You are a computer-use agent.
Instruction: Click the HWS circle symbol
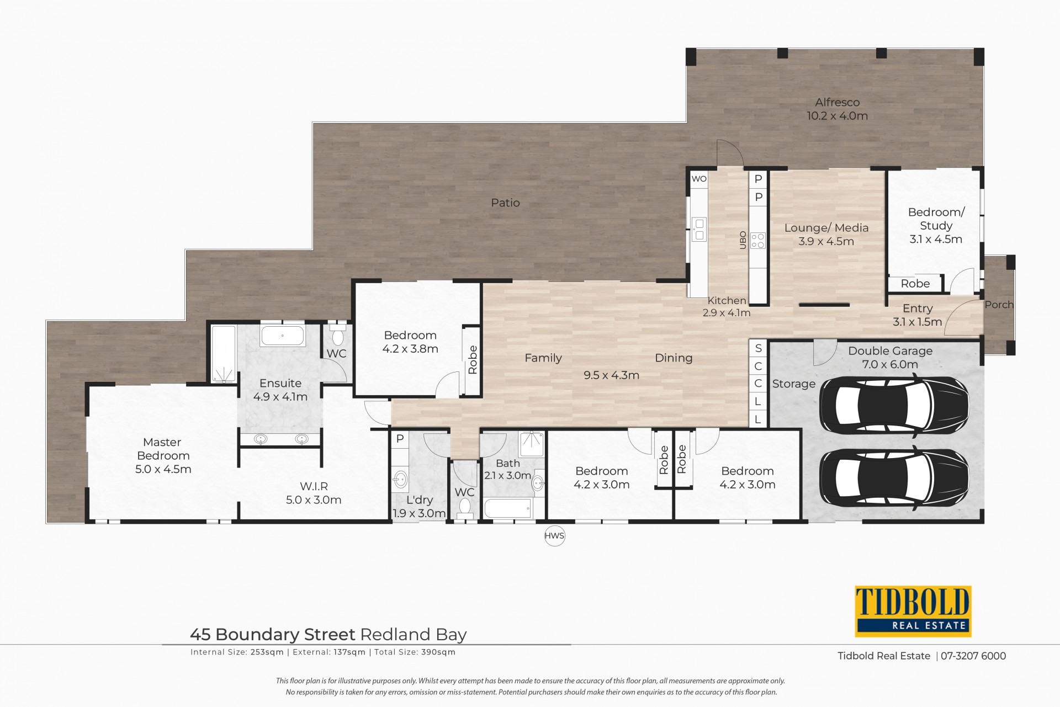[554, 535]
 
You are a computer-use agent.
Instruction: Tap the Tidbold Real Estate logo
[913, 611]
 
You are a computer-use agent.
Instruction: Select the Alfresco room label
[838, 102]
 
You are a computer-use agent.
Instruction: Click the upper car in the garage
[894, 405]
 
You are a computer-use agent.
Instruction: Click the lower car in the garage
[894, 477]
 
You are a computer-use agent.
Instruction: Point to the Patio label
[505, 203]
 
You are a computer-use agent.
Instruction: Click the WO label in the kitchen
[699, 179]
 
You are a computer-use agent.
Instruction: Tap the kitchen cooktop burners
[758, 240]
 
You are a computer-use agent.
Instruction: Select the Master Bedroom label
[163, 449]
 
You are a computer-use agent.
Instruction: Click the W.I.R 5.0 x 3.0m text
[314, 493]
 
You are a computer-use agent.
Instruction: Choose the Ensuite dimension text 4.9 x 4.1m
[280, 396]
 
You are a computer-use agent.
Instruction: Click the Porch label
[999, 304]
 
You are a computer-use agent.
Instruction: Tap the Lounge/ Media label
[826, 227]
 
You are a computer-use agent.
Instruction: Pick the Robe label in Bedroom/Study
[915, 284]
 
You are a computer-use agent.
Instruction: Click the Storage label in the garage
[793, 384]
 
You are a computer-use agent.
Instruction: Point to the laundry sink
[400, 479]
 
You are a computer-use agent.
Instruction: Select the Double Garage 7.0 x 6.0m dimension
[890, 364]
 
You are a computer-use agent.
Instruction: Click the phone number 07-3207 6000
[973, 656]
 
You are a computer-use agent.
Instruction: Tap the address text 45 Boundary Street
[273, 634]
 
